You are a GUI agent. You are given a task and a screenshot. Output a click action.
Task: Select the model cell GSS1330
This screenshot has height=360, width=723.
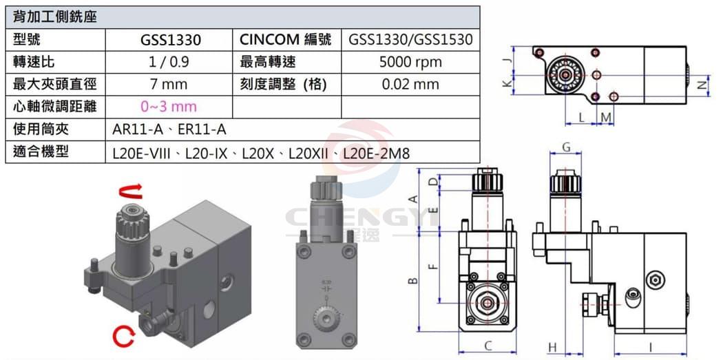(x=171, y=40)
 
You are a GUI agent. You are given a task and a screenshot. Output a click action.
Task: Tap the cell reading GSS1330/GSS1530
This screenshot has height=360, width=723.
(x=411, y=40)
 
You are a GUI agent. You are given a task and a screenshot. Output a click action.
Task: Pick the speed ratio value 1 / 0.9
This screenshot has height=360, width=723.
(x=169, y=62)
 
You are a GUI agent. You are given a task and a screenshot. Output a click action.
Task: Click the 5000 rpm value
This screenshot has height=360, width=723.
(x=410, y=62)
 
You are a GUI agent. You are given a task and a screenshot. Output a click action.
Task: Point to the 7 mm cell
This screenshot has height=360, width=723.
(x=169, y=85)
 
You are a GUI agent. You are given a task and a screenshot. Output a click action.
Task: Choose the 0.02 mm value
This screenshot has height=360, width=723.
(x=410, y=85)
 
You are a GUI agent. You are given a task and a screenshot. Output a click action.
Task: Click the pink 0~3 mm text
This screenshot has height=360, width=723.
(x=169, y=107)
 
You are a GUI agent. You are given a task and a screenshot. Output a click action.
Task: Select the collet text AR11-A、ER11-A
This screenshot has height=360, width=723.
(x=169, y=130)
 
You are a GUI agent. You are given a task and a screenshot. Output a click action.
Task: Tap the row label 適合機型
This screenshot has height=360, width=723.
(x=41, y=151)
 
